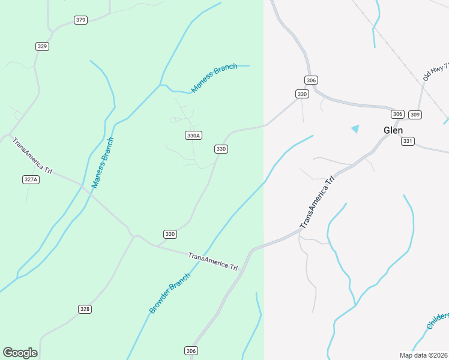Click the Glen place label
point(393,130)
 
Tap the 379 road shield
point(80,20)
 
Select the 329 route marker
point(42,46)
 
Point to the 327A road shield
point(31,179)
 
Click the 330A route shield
point(193,136)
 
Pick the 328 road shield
point(85,309)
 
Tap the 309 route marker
point(415,114)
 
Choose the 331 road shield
point(408,141)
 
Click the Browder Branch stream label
point(170,293)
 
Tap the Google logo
point(20,353)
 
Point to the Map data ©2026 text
point(423,355)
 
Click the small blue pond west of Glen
point(355,129)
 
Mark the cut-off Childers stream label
point(438,320)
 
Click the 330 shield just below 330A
point(221,149)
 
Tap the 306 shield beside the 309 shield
point(397,114)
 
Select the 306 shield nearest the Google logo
point(191,351)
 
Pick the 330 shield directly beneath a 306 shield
point(302,94)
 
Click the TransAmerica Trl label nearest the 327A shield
point(32,156)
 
